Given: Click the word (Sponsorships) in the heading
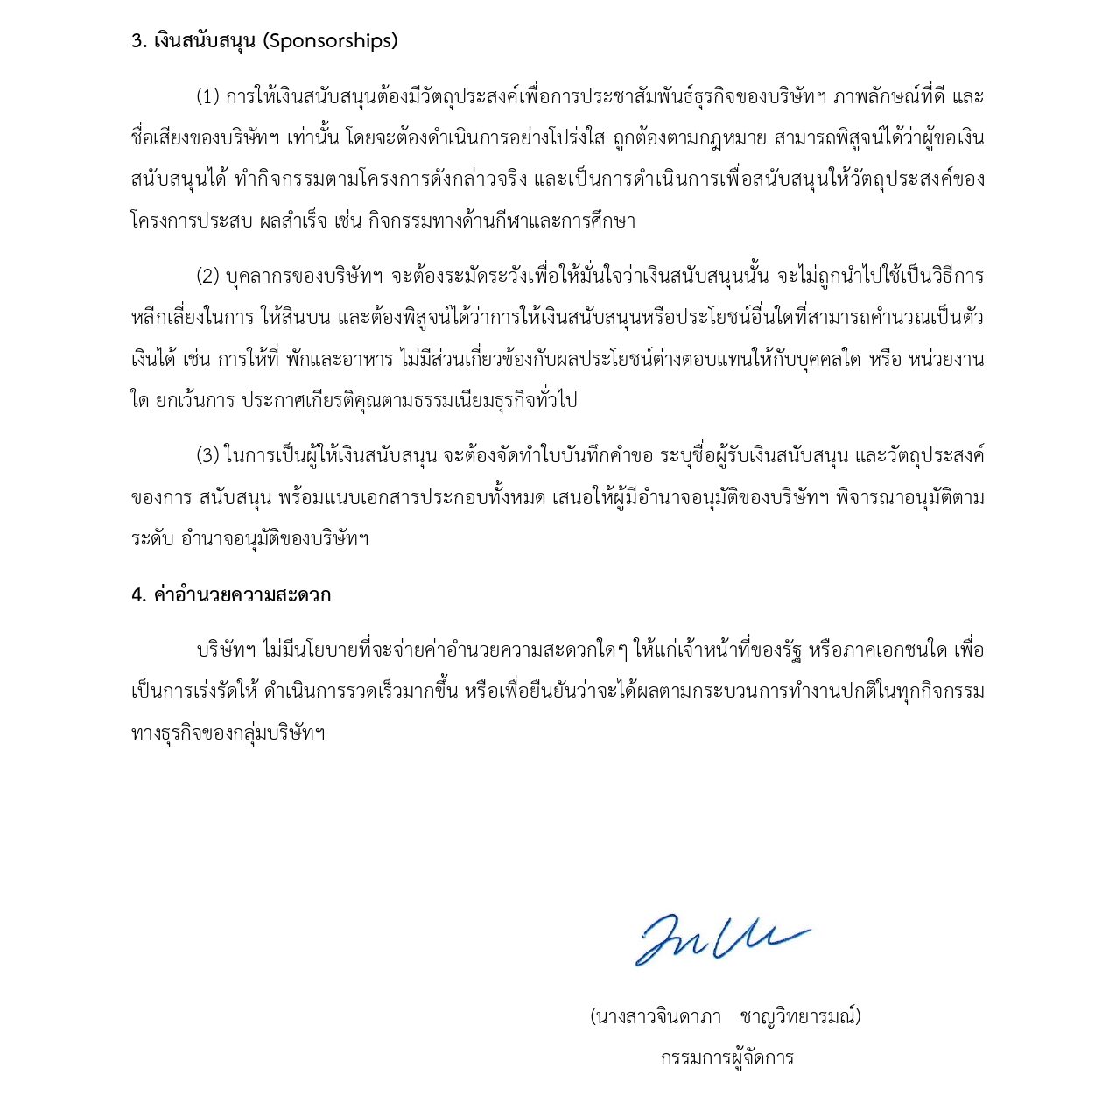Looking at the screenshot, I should (x=330, y=41).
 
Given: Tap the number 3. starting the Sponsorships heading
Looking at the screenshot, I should (x=138, y=41).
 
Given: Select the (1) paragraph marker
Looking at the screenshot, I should (x=207, y=96).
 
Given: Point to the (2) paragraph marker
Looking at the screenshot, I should (x=207, y=277).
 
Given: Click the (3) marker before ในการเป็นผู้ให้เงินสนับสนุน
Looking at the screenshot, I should (x=207, y=456).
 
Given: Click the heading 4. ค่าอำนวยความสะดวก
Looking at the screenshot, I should (x=231, y=595).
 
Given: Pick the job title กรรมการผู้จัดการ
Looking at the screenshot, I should (x=726, y=1058).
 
